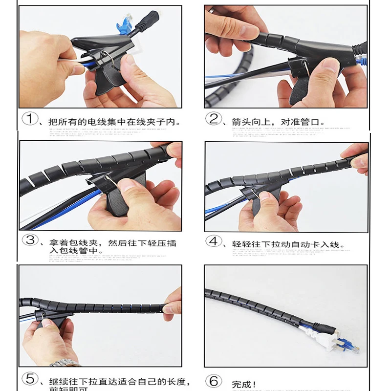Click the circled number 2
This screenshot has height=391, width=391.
(213, 119)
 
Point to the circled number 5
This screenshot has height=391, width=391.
(30, 379)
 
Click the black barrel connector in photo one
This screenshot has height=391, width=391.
(147, 22)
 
